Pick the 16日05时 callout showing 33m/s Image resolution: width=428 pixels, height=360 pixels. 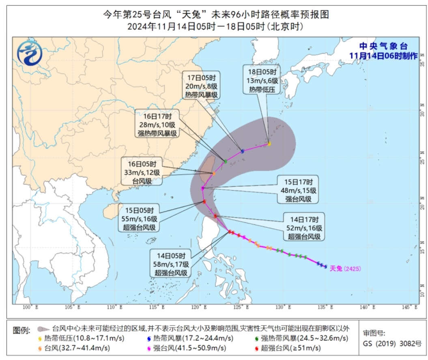(x=142, y=172)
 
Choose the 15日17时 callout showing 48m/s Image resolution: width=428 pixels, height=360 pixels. (x=298, y=189)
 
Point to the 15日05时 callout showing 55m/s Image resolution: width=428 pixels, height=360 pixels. (x=139, y=219)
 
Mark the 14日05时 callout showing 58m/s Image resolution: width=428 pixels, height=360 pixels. (x=171, y=264)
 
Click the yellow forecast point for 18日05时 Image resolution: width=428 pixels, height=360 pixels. (x=269, y=144)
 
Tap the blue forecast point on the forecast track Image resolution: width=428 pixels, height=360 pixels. (x=243, y=151)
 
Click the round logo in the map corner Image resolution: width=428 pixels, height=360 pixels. (x=30, y=54)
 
